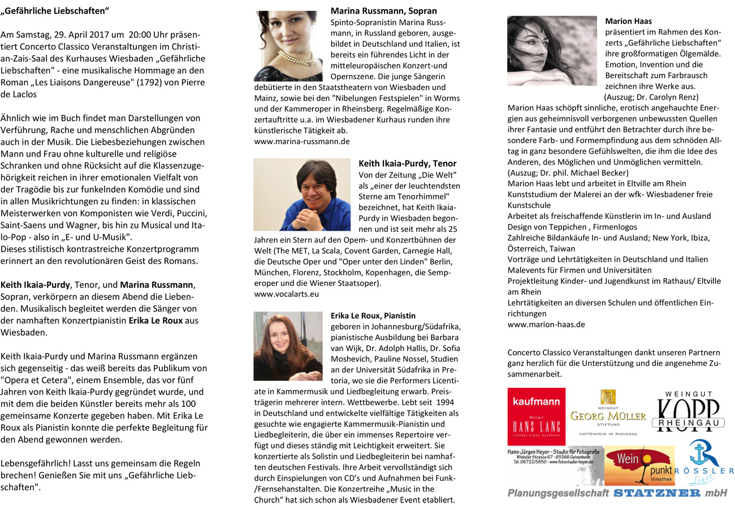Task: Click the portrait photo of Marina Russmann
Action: pos(288,45)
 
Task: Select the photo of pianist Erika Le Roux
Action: pos(288,345)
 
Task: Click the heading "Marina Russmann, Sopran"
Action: pos(383,11)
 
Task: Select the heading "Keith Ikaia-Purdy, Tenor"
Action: pos(408,163)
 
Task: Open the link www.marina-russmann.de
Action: pos(302,141)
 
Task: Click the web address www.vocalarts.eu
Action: pos(287,294)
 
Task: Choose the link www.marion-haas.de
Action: pos(546,325)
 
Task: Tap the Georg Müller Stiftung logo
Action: pos(608,413)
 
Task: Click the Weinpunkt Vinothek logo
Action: pos(640,466)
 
